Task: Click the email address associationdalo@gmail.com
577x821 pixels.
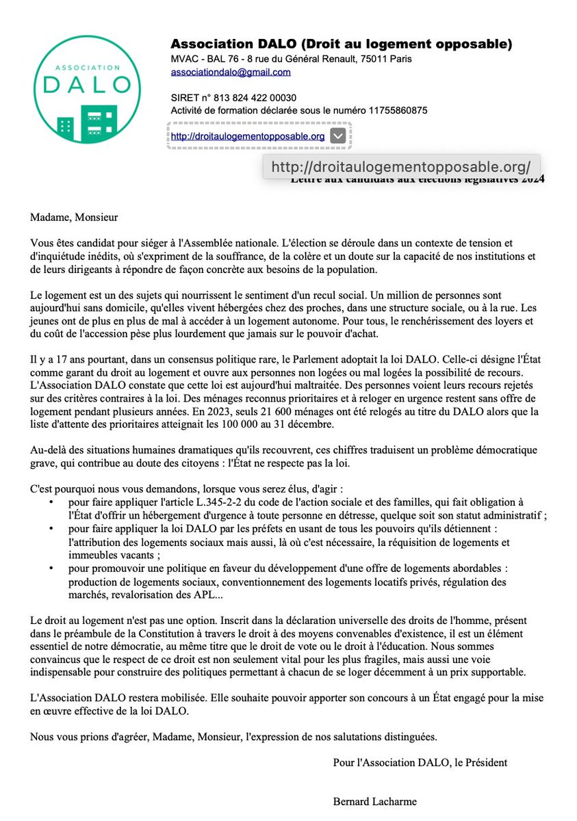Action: coord(231,72)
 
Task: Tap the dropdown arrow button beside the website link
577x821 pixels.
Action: coord(338,135)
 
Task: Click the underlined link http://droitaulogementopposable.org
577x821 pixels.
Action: coord(247,136)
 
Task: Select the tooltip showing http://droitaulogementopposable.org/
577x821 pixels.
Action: coord(401,167)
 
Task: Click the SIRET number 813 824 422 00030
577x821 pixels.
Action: coord(249,98)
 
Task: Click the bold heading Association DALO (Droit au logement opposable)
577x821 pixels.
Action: coord(341,44)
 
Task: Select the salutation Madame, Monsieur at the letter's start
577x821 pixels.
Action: coord(74,218)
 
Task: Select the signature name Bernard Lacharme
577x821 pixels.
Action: coord(374,800)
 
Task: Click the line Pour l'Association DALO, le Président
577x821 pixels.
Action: coord(420,761)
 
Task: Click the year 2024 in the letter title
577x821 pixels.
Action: coord(532,180)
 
